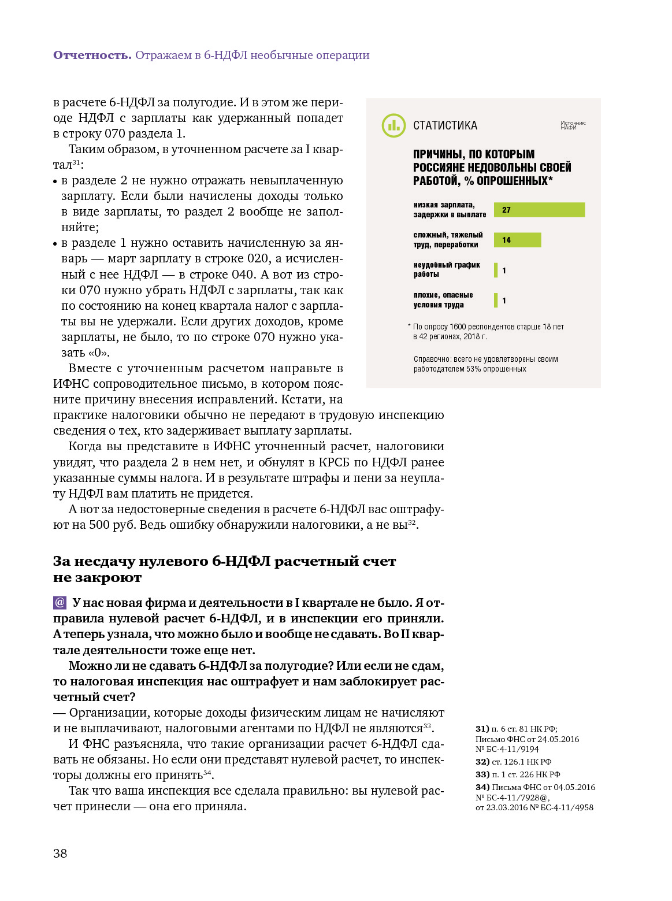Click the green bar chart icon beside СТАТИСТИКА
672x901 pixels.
click(393, 125)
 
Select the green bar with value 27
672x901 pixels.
click(539, 210)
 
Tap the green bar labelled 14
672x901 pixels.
click(517, 240)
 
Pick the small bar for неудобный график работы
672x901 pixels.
click(496, 270)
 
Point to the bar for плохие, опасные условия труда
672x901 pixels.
click(496, 300)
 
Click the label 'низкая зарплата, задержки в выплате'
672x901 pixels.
click(450, 210)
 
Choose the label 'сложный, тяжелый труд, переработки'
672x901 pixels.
click(448, 240)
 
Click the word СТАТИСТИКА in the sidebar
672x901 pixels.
click(445, 125)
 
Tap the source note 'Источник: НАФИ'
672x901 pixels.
click(573, 125)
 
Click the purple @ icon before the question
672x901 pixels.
click(60, 603)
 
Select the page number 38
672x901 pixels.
click(60, 854)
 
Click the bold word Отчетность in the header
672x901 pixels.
click(92, 55)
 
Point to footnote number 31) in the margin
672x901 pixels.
click(482, 729)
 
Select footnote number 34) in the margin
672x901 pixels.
click(482, 787)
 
